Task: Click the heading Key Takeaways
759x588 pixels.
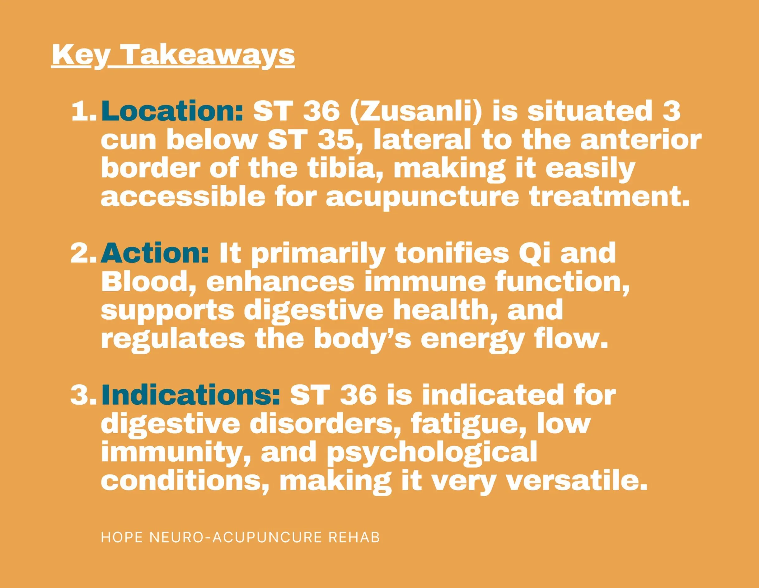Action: (x=173, y=55)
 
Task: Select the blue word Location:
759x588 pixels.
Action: (x=172, y=111)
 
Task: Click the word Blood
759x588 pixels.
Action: (x=148, y=283)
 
